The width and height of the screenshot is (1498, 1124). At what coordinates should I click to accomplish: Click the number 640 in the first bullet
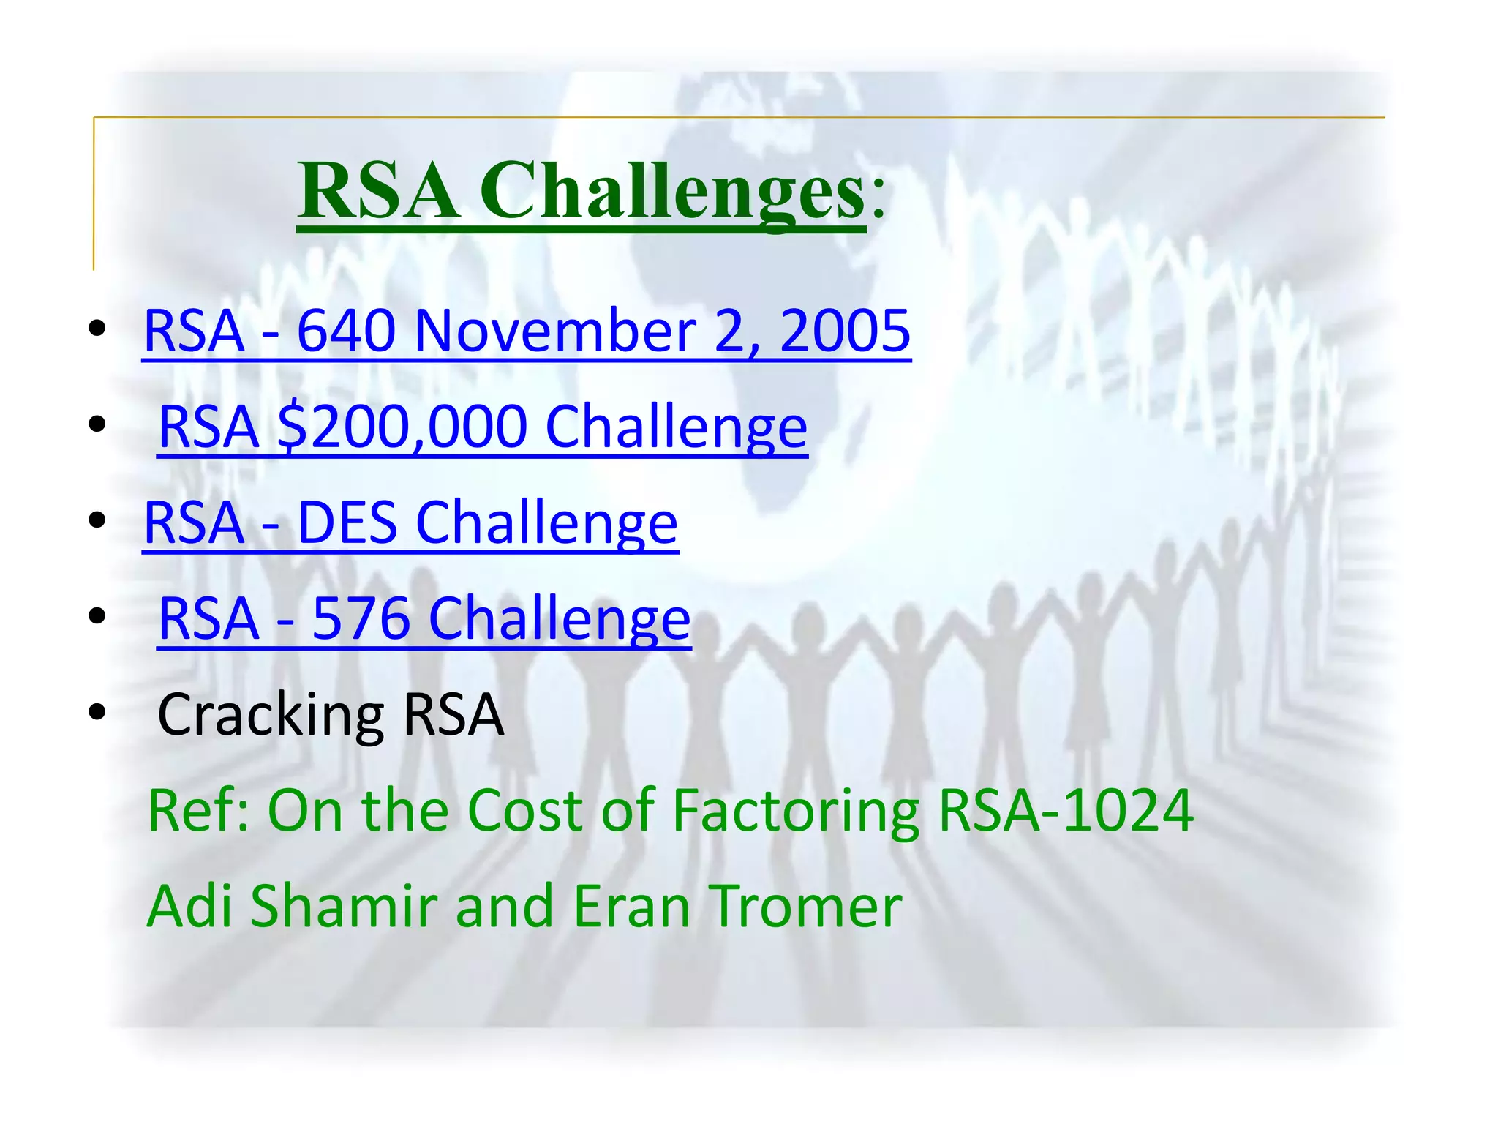(346, 331)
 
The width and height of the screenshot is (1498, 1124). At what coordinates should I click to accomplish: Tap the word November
(555, 331)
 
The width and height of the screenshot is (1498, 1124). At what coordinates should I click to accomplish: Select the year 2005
(845, 331)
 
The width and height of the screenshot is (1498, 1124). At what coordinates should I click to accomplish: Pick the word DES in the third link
(347, 522)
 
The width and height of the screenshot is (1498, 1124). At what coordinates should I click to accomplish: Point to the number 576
(361, 618)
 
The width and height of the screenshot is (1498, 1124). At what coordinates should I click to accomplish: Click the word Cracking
(271, 715)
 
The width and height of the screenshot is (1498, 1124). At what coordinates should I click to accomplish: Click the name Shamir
(344, 907)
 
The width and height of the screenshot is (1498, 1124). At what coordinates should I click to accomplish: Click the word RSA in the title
(378, 192)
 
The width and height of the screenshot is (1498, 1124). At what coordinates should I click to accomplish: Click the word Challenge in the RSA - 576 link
(560, 618)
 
